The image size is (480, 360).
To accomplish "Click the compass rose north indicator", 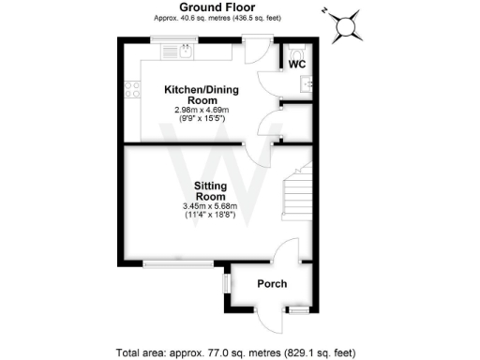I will coord(349,25).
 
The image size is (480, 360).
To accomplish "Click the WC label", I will coord(296,64).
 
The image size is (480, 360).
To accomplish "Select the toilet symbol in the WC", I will coord(297,52).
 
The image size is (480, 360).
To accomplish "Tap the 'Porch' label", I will coord(272,284).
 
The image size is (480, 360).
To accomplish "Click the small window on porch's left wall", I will coord(225,282).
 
